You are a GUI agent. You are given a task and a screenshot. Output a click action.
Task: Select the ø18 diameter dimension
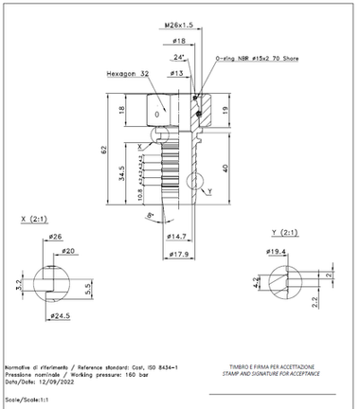(178, 42)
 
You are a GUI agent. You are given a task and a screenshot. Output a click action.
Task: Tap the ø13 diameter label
(176, 73)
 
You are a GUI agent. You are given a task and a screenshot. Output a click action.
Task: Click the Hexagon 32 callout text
(129, 73)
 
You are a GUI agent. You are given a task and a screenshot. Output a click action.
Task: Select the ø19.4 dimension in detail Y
(278, 253)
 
